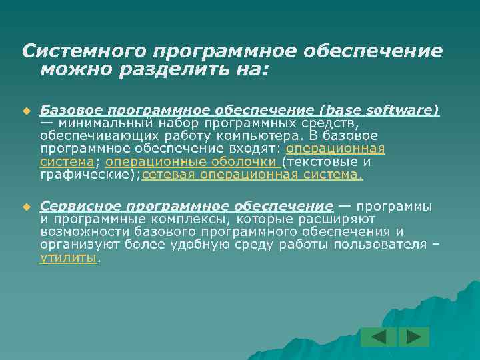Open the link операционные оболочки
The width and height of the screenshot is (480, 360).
point(192,162)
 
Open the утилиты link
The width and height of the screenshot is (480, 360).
point(69,258)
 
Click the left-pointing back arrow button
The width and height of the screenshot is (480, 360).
point(379,337)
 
